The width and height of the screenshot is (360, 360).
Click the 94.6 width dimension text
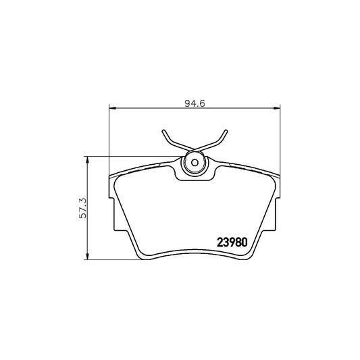click(195, 103)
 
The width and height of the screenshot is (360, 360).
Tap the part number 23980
click(234, 241)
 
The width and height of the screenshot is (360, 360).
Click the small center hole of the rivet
click(195, 163)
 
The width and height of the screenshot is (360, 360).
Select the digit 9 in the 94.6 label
click(186, 103)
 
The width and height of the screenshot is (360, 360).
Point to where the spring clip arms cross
click(195, 148)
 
